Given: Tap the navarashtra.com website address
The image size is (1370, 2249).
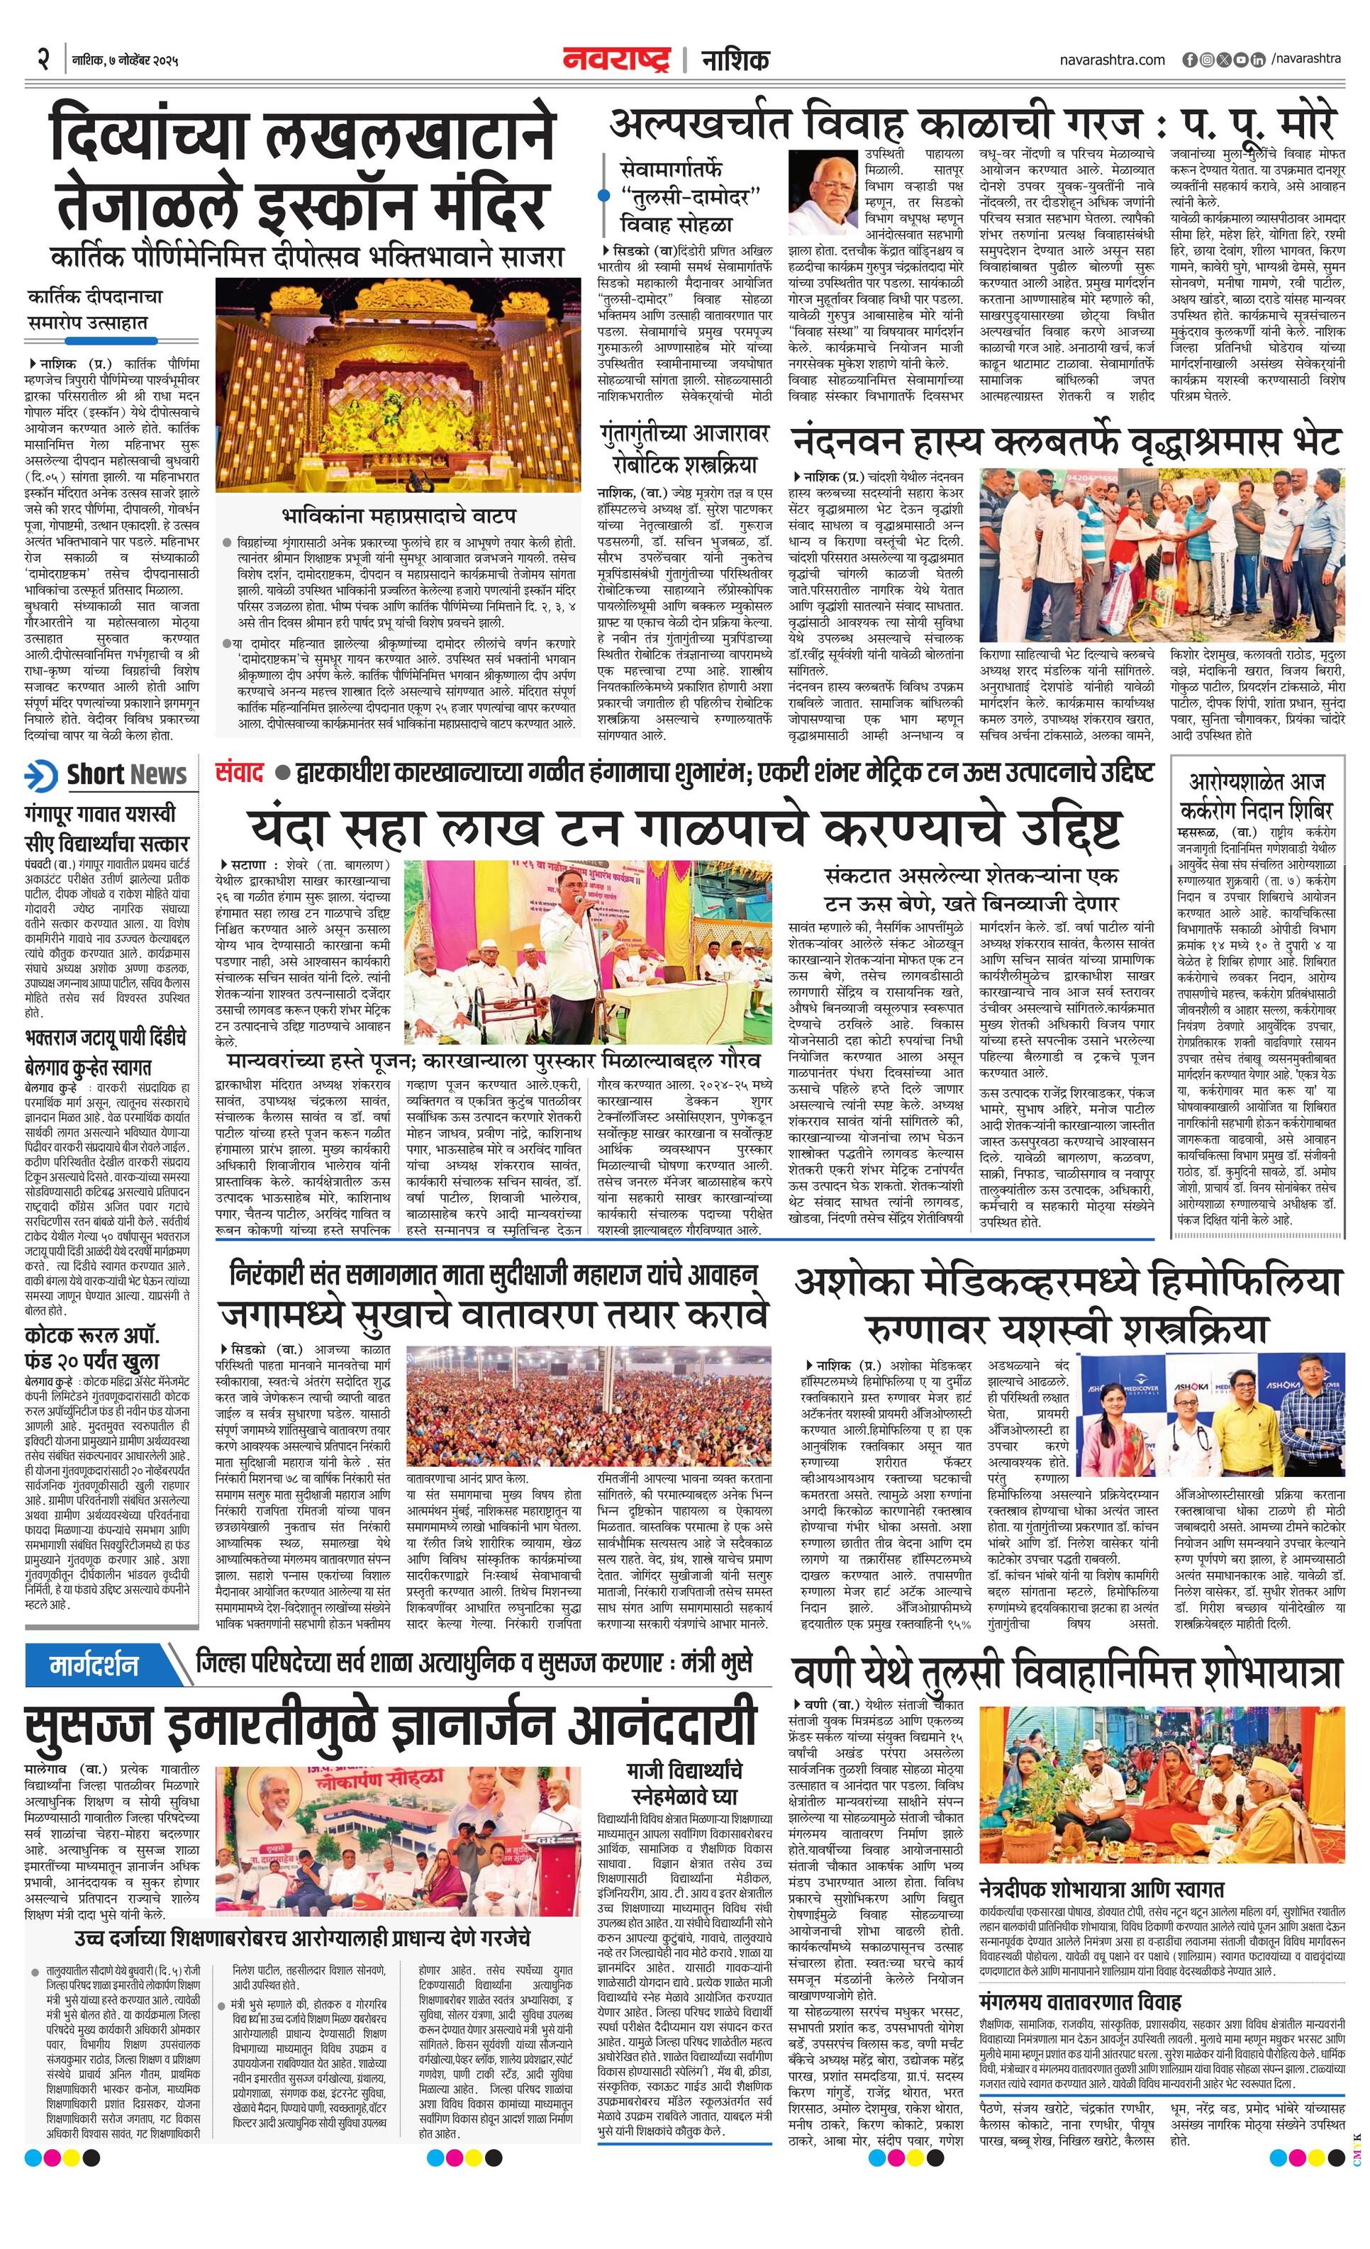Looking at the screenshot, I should pyautogui.click(x=1113, y=60).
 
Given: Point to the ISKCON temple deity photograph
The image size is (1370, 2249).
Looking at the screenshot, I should pyautogui.click(x=398, y=384).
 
